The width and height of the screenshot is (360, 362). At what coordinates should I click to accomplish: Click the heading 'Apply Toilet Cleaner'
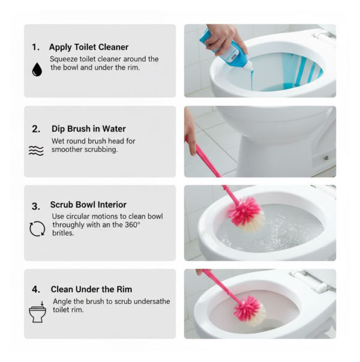click(x=89, y=47)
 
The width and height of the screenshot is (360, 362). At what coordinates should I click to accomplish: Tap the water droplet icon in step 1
click(x=37, y=70)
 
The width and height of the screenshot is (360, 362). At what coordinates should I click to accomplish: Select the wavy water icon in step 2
click(x=36, y=151)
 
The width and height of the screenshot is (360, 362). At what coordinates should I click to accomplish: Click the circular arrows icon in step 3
click(x=37, y=229)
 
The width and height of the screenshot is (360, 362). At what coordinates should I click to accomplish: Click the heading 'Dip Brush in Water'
click(x=88, y=128)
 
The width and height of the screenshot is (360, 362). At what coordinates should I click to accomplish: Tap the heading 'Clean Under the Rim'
click(x=91, y=289)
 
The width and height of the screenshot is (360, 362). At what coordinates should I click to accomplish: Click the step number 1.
click(x=35, y=47)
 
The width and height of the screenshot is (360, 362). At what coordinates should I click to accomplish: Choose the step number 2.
click(x=36, y=128)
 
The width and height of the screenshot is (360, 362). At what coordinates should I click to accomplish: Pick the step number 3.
click(x=36, y=206)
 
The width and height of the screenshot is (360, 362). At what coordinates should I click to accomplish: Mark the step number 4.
click(x=36, y=289)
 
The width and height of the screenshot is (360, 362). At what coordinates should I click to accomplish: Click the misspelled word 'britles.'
click(x=64, y=234)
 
